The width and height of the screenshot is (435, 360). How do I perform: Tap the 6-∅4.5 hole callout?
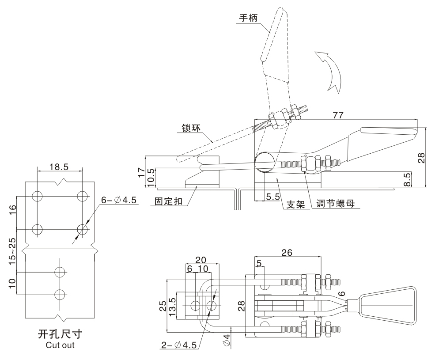click(119, 201)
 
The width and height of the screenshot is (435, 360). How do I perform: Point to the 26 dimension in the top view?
click(287, 253)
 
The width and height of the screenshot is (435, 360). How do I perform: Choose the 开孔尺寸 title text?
click(60, 332)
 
